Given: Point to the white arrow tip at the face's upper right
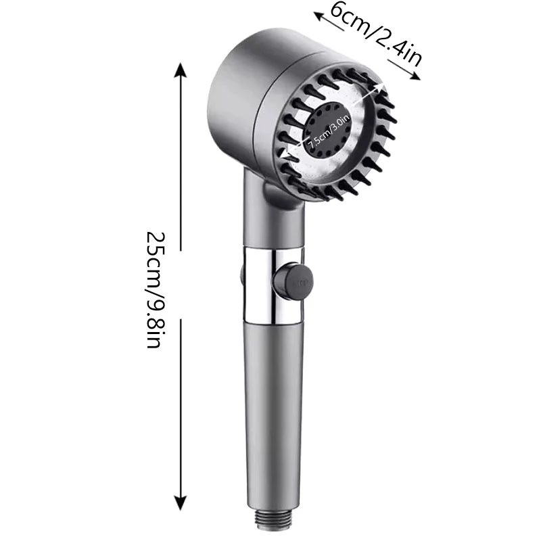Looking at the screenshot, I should click(383, 87).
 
